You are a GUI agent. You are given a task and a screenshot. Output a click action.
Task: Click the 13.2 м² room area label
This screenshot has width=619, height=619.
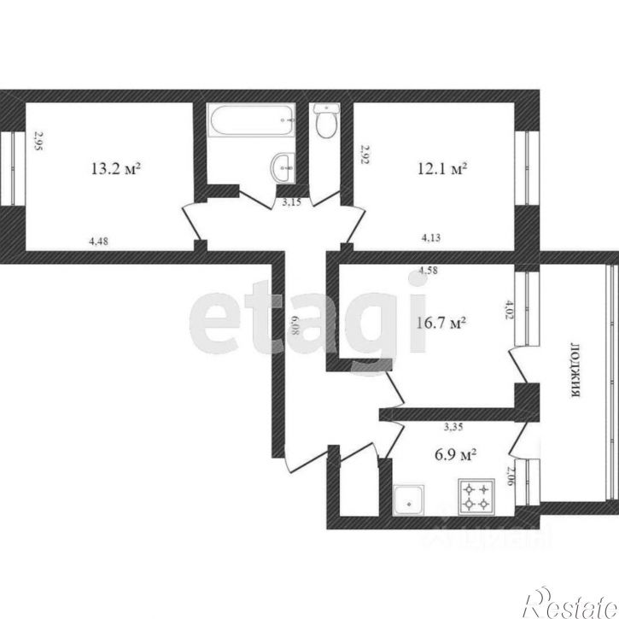click(x=115, y=169)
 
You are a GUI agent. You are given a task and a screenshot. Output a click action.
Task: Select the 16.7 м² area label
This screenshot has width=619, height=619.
click(x=441, y=324)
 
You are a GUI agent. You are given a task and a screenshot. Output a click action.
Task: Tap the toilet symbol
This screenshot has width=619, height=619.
click(x=324, y=122)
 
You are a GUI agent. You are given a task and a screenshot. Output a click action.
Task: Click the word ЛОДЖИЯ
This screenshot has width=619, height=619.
click(x=576, y=369)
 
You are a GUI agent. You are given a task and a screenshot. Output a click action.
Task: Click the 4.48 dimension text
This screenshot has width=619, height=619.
click(x=100, y=242)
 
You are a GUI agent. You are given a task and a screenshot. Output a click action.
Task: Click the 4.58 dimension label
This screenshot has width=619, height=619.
click(x=429, y=272)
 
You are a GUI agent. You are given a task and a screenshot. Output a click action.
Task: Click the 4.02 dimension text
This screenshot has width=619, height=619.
click(x=511, y=307)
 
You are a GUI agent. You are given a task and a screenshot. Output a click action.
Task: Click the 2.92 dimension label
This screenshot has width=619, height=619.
click(x=365, y=154)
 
